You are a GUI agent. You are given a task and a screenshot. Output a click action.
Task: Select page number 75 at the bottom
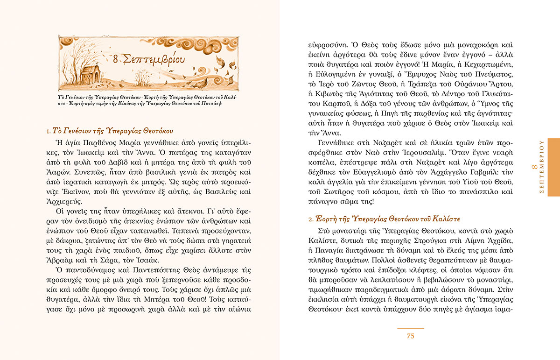411,336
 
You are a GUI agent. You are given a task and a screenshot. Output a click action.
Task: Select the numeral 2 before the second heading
310,219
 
